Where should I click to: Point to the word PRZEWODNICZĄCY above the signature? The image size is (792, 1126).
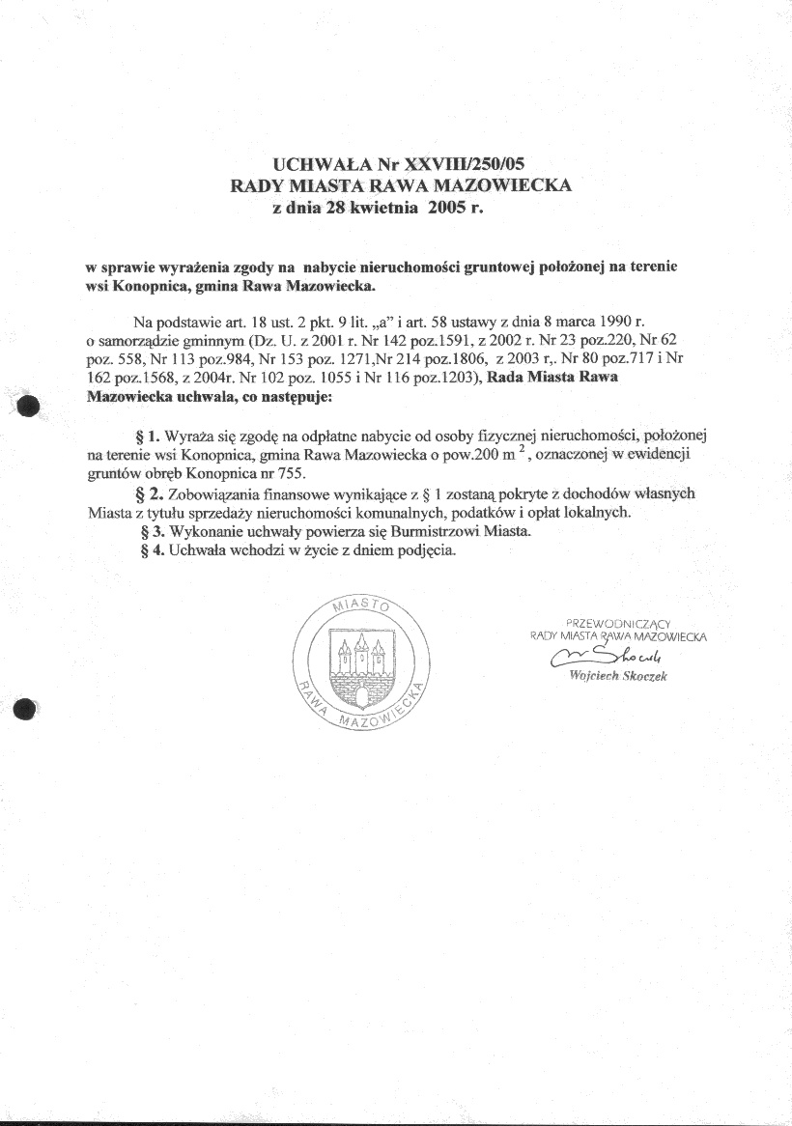click(x=618, y=623)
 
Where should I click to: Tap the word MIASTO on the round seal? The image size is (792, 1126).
click(x=359, y=606)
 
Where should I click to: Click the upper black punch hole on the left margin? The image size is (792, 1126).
click(x=26, y=407)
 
